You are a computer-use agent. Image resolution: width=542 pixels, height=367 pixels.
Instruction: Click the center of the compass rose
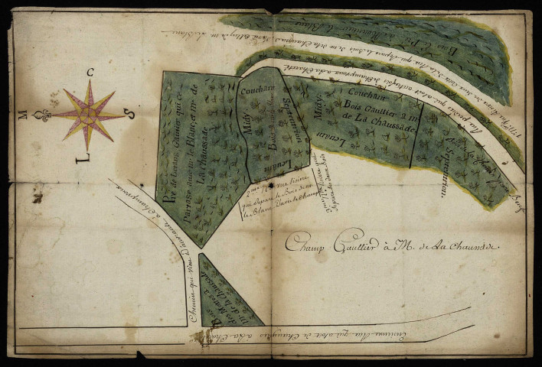pyautogui.click(x=90, y=115)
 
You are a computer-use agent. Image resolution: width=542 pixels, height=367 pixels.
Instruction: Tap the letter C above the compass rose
pyautogui.click(x=90, y=73)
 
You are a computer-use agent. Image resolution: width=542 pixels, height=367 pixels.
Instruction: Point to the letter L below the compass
pyautogui.click(x=82, y=159)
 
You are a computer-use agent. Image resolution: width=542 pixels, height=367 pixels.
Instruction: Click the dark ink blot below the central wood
pyautogui.click(x=271, y=184)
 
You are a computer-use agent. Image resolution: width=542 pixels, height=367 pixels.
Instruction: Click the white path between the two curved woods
pyautogui.click(x=383, y=76)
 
